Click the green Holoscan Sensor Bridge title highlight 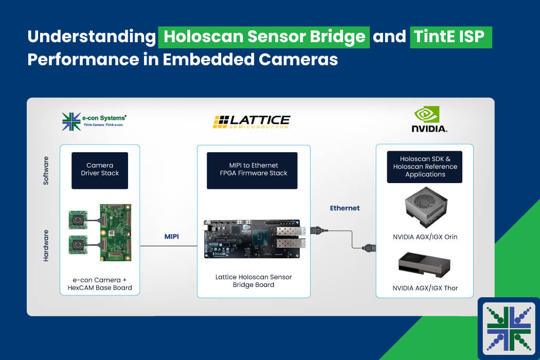point(264,37)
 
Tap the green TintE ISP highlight point(451,37)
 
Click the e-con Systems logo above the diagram point(94,121)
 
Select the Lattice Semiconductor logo point(252,122)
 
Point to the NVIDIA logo point(429,119)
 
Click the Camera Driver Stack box point(100,171)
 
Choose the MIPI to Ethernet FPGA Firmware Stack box point(252,171)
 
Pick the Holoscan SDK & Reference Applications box point(425,167)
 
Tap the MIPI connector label point(171,237)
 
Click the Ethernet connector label point(345,208)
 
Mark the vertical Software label point(46,171)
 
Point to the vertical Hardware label point(46,246)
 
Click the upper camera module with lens point(78,220)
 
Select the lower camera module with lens point(78,245)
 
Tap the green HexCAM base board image point(115,232)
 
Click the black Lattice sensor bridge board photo point(253,239)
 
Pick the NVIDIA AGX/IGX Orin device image point(426,207)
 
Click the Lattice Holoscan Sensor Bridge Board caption point(254,281)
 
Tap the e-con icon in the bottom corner point(509,329)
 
